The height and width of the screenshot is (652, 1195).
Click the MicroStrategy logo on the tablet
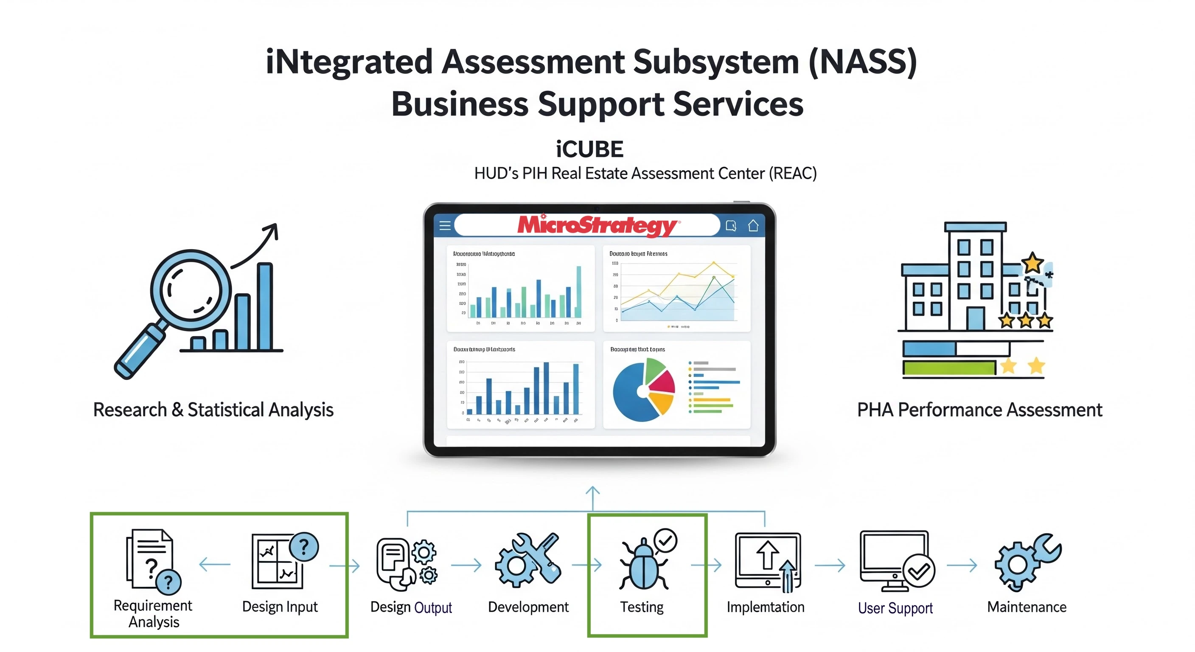[x=597, y=225]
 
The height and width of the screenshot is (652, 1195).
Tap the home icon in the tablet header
[x=753, y=225]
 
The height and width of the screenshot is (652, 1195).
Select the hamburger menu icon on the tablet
[x=445, y=225]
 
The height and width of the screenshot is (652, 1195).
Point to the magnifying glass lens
[x=190, y=290]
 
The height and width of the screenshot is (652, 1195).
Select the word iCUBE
[x=589, y=149]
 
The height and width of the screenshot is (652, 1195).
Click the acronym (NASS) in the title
[x=862, y=62]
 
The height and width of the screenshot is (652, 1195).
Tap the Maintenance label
[x=1026, y=607]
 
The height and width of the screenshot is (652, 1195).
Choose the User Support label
[x=895, y=608]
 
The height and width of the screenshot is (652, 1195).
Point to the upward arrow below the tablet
[x=592, y=497]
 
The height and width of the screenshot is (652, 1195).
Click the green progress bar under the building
[x=949, y=368]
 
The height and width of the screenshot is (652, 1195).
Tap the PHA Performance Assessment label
[x=979, y=410]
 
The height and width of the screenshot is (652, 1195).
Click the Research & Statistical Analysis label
[x=213, y=410]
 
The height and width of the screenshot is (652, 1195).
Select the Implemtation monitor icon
[x=768, y=562]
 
